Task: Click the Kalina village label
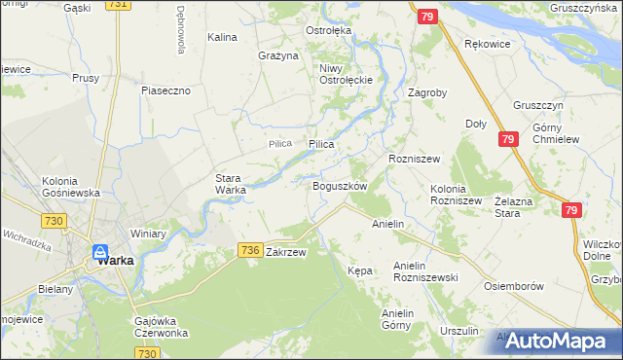pyautogui.click(x=222, y=37)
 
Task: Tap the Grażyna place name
pyautogui.click(x=277, y=55)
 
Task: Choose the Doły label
pyautogui.click(x=476, y=124)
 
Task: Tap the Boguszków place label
pyautogui.click(x=339, y=185)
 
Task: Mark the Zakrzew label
pyautogui.click(x=286, y=252)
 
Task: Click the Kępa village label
pyautogui.click(x=359, y=270)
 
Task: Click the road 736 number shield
pyautogui.click(x=249, y=251)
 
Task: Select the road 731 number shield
pyautogui.click(x=118, y=5)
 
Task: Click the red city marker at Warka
pyautogui.click(x=100, y=252)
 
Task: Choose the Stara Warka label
pyautogui.click(x=231, y=184)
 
